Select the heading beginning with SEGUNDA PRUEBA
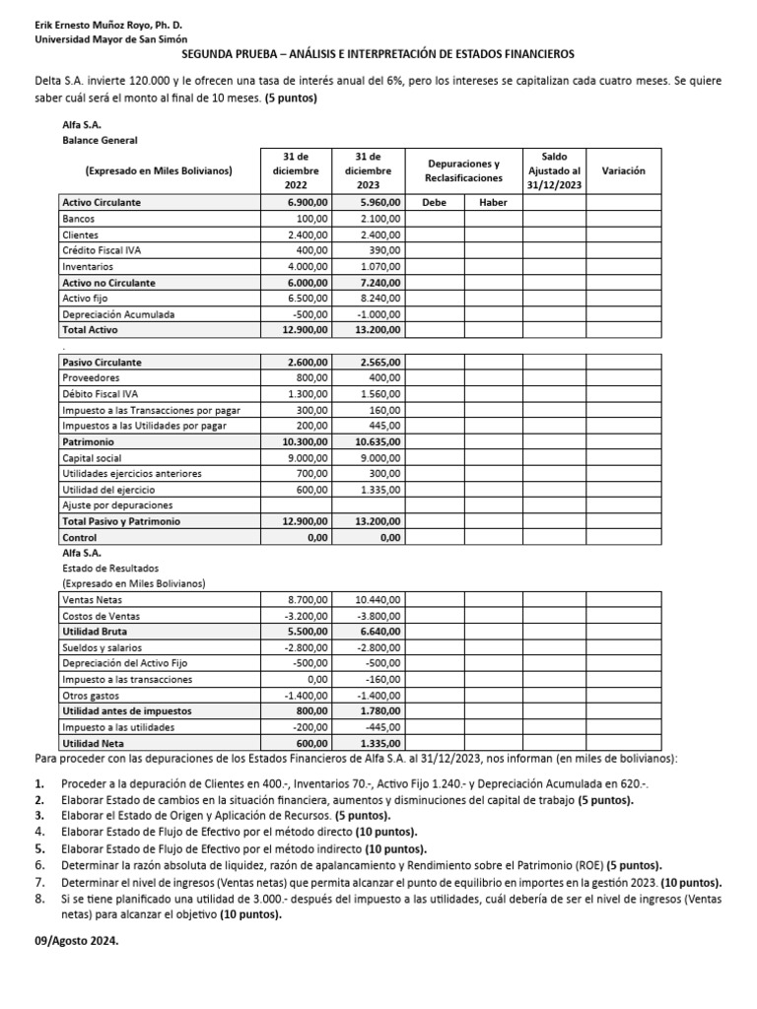pyautogui.click(x=378, y=55)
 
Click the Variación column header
pyautogui.click(x=623, y=170)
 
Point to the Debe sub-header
pyautogui.click(x=434, y=202)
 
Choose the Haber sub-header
pyautogui.click(x=493, y=202)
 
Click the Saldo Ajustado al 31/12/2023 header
pyautogui.click(x=553, y=170)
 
